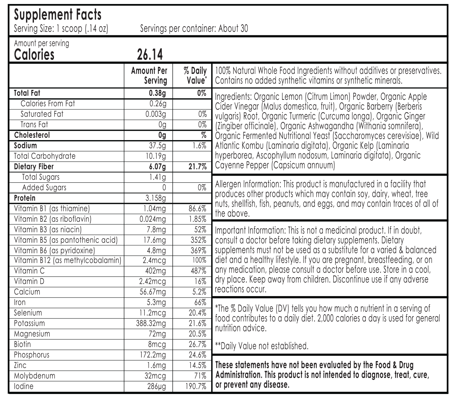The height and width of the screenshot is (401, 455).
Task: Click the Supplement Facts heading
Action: click(58, 15)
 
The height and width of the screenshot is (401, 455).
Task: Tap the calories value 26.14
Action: click(150, 55)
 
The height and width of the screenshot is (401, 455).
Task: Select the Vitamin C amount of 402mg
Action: click(155, 271)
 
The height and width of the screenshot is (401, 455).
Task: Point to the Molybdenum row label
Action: click(35, 376)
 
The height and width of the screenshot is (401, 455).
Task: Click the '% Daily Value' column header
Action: click(195, 76)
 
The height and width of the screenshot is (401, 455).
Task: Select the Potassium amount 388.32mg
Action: click(151, 323)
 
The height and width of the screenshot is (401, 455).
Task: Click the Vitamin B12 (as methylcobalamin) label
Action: click(68, 261)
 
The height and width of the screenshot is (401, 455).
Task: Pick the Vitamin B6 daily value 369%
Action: click(199, 250)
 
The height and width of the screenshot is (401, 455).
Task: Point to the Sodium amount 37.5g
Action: click(158, 146)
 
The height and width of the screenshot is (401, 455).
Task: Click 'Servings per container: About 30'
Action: click(194, 29)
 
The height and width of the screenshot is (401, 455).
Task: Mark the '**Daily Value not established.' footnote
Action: click(262, 346)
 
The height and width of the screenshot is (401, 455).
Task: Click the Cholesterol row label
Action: click(32, 135)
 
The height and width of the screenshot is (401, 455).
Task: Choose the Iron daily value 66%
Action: click(200, 302)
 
